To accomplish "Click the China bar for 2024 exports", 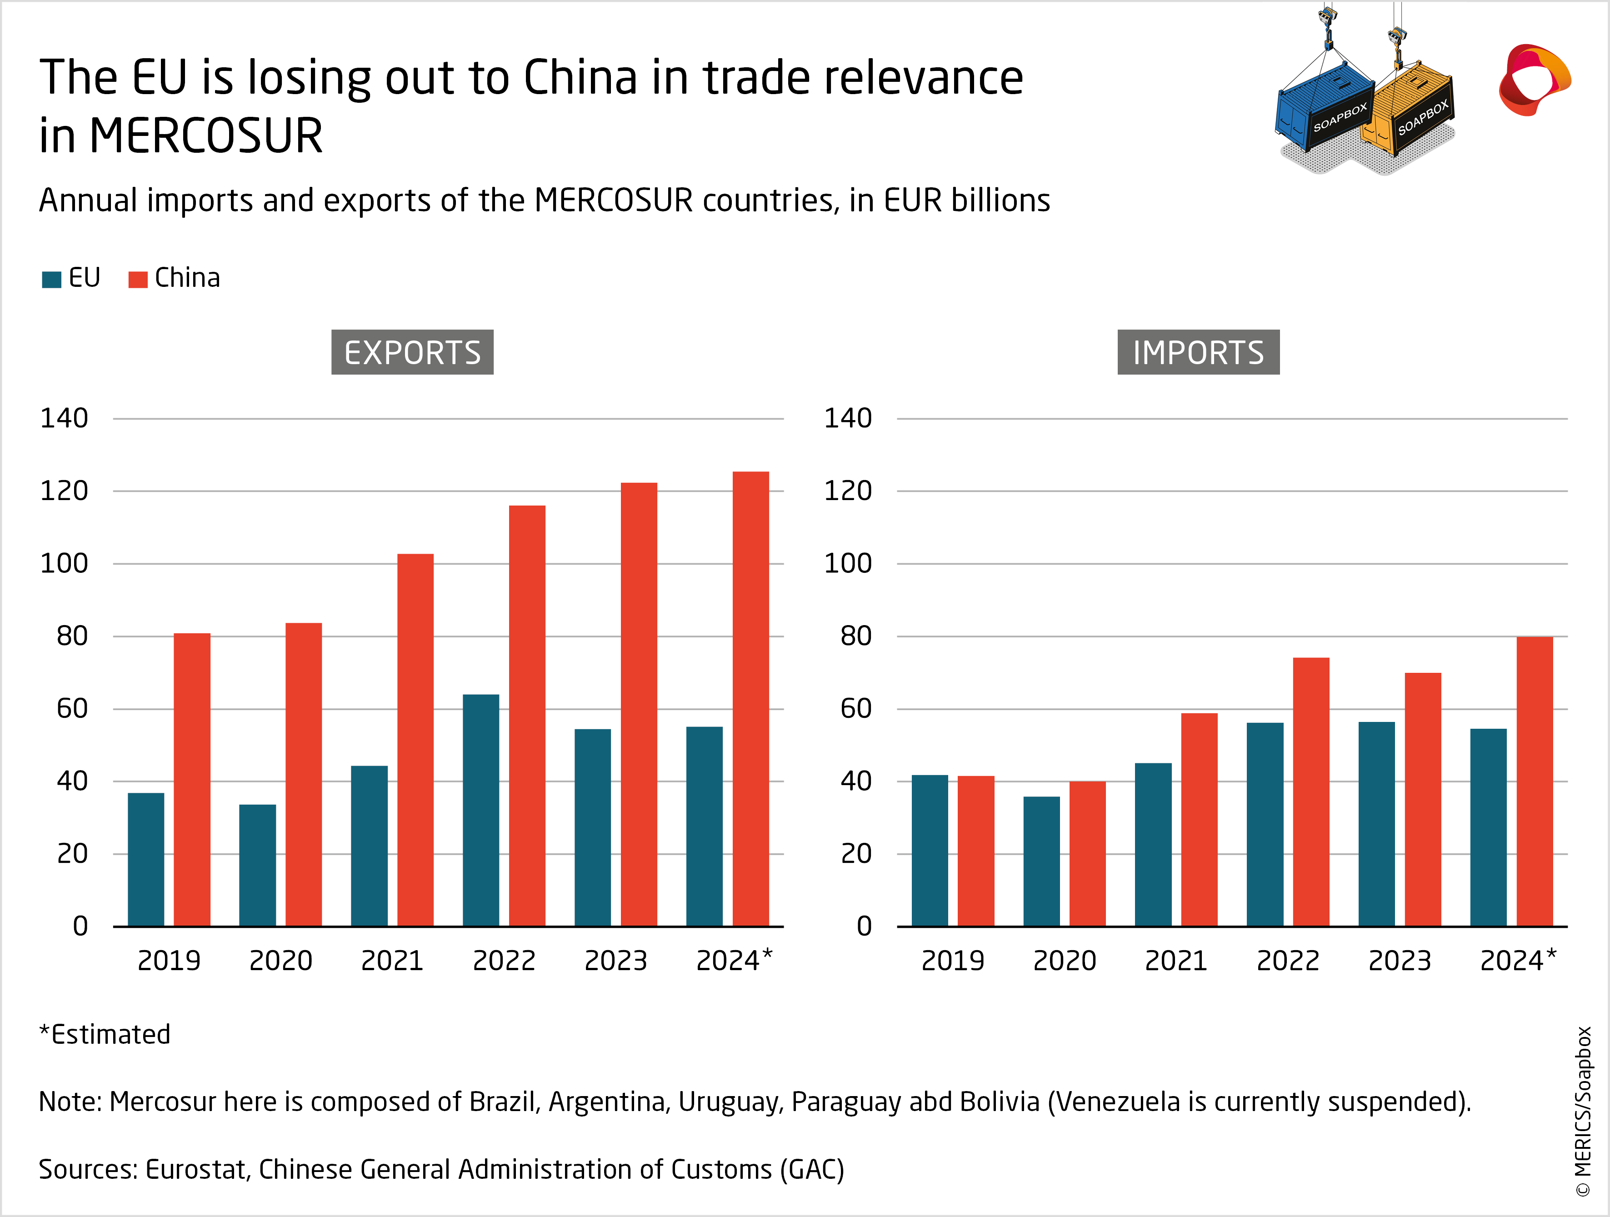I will point(750,699).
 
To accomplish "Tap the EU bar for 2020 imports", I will point(1041,861).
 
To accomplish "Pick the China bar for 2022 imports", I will point(1311,792).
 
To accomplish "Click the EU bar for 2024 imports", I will point(1489,827).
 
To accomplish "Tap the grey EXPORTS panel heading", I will point(412,352).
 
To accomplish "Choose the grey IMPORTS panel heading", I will point(1198,352).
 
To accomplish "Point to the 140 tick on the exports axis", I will point(64,419).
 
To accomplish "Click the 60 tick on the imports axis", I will point(856,708).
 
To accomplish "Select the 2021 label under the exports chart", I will point(392,961).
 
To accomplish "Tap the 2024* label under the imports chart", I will point(1518,961).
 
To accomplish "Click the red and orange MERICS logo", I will point(1534,80).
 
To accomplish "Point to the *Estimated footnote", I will point(105,1034).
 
